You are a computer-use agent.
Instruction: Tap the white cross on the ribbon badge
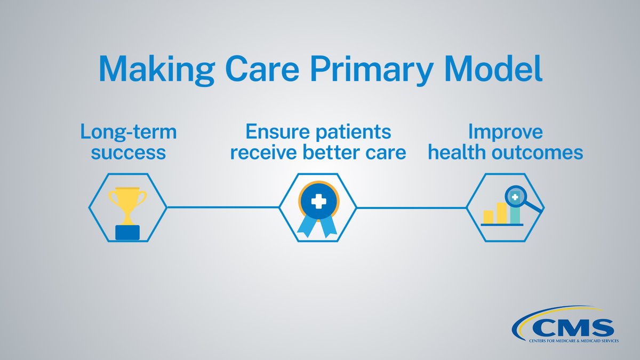(x=319, y=202)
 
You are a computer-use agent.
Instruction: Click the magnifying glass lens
(x=516, y=197)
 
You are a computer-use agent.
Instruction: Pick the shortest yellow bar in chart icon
(x=488, y=217)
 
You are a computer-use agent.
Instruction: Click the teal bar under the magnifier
(x=515, y=214)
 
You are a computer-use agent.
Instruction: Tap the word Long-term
(x=128, y=132)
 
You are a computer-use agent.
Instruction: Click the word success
(x=128, y=153)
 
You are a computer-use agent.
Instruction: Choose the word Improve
(x=506, y=132)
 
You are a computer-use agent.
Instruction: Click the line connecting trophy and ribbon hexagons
(x=223, y=207)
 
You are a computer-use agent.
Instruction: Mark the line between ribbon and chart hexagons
(x=412, y=207)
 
